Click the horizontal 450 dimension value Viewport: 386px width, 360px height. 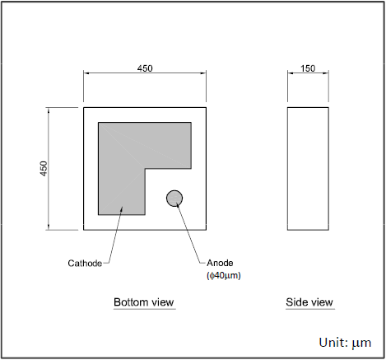coord(145,68)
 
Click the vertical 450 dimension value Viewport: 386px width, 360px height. coord(44,169)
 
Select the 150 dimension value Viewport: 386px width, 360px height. coord(308,68)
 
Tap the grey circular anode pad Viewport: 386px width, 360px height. coord(174,199)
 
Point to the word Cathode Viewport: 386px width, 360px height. coord(85,263)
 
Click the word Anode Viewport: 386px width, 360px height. coord(220,263)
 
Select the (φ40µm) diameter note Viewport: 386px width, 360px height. coord(224,275)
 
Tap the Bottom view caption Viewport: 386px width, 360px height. coord(144,302)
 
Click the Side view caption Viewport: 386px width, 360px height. coord(309,302)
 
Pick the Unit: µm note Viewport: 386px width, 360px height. coord(345,343)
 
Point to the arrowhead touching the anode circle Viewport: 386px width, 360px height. coord(178,204)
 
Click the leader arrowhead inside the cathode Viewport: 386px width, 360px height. coord(122,209)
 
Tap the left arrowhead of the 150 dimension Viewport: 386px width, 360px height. coord(291,73)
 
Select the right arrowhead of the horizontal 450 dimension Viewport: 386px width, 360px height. coord(203,73)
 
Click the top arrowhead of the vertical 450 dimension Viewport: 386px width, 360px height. coord(49,110)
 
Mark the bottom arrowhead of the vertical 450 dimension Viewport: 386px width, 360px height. coord(49,227)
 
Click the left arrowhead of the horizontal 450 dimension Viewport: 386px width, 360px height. coord(86,73)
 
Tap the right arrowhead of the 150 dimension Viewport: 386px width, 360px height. coord(326,73)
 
